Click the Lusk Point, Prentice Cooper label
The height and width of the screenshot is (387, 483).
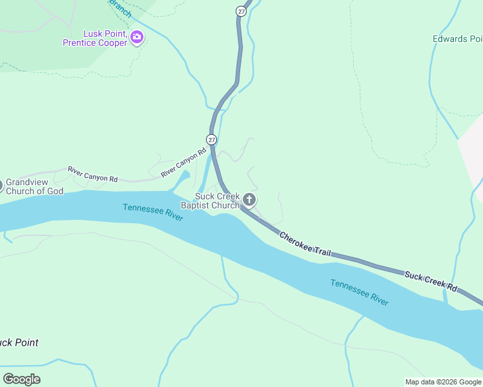click(94, 38)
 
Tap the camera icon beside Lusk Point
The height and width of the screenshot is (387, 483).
click(136, 37)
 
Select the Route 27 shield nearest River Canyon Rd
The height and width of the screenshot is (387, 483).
click(211, 139)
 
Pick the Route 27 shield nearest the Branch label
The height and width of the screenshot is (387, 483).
click(241, 11)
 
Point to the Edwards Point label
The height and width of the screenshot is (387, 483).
click(458, 39)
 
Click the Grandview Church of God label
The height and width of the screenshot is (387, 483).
click(35, 186)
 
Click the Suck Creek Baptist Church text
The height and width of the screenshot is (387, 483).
click(211, 201)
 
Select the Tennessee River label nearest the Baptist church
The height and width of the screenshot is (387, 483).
click(153, 212)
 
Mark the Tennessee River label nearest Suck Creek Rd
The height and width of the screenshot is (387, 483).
click(360, 292)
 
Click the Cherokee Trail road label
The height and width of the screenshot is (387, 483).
click(305, 244)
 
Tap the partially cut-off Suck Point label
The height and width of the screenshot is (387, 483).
click(18, 342)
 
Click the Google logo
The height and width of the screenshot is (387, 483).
click(21, 379)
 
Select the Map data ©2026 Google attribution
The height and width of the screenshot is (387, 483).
click(443, 382)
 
